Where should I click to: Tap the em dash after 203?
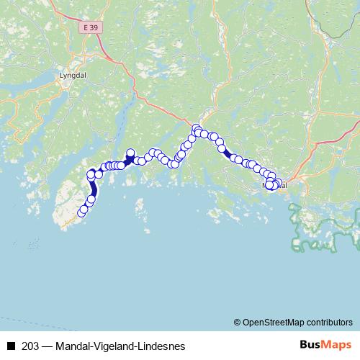click(47, 346)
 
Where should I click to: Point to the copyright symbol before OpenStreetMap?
click(237, 322)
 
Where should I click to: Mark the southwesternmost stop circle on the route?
click(81, 211)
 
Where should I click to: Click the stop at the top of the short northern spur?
click(130, 153)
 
